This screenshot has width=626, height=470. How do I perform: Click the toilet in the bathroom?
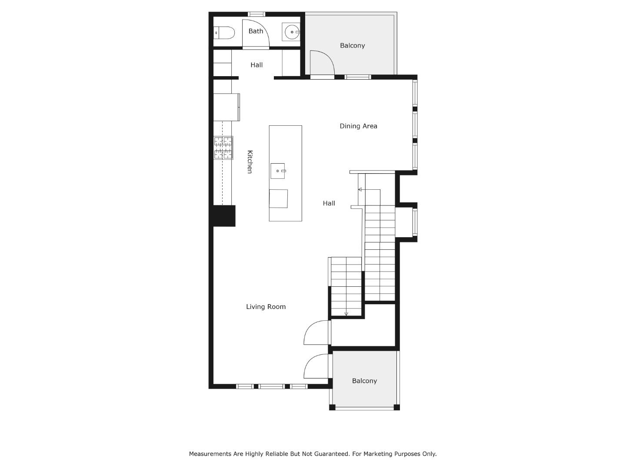tap(225, 33)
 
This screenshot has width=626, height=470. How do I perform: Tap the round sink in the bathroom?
tap(292, 32)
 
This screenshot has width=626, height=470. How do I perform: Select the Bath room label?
tap(256, 31)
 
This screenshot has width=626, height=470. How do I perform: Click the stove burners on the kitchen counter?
tap(223, 148)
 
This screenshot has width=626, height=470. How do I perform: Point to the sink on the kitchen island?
tap(278, 171)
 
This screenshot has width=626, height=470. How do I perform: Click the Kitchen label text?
tap(250, 162)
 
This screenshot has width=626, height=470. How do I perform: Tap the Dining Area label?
tap(358, 126)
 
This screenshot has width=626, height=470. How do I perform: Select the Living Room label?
tap(266, 307)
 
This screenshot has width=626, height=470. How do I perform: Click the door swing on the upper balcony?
tap(322, 64)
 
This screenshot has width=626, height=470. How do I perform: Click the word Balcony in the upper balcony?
tap(352, 46)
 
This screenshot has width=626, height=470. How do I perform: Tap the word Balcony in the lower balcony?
tap(364, 381)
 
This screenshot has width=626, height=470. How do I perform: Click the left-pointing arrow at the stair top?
tap(360, 189)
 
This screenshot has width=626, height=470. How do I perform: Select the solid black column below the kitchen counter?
tap(224, 216)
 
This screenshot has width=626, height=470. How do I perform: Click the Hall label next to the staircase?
tap(329, 203)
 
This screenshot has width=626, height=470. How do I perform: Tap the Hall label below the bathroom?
tap(256, 65)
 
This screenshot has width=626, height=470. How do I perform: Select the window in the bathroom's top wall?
tap(256, 14)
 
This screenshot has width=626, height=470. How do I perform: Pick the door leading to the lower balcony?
tap(316, 366)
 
